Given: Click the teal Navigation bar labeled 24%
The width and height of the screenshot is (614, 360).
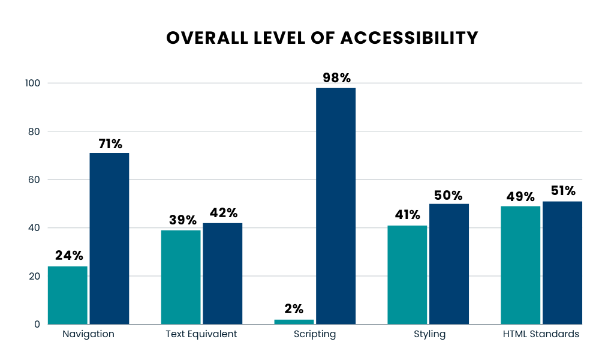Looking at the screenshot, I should [68, 295].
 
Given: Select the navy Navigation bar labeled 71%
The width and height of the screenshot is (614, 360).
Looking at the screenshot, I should [109, 239].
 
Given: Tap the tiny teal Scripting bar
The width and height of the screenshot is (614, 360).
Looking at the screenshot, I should [294, 322].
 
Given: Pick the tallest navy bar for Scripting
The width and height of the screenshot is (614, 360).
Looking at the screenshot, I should [336, 206].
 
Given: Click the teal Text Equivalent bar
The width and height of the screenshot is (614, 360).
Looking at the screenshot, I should [181, 277].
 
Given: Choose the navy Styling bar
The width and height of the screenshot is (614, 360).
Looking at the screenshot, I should [449, 264].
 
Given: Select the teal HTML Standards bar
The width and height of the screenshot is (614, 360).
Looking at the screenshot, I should [520, 265].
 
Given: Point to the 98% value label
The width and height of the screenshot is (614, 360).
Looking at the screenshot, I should [336, 78].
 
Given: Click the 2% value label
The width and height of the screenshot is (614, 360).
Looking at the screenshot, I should [294, 309].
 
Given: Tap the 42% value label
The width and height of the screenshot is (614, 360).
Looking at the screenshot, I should [223, 213].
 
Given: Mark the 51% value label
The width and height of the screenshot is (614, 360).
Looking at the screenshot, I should [562, 191].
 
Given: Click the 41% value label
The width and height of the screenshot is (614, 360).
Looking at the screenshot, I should [407, 215].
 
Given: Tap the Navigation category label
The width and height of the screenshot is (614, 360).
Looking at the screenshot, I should [88, 334].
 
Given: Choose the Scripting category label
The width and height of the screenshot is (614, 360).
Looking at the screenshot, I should [315, 334].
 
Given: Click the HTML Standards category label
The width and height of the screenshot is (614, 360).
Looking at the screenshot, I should [541, 334].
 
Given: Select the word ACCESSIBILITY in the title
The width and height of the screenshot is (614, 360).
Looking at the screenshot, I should [410, 38].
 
